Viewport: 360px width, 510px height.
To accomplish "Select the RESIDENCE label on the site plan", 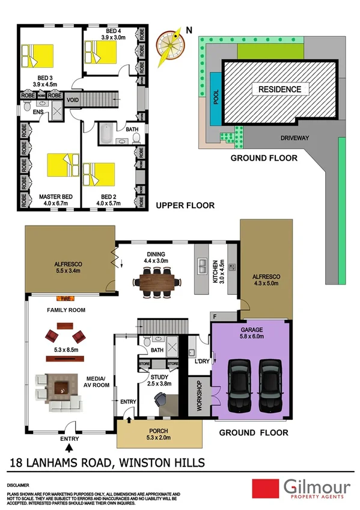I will tap(279, 90).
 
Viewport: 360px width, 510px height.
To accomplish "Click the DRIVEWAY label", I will tap(294, 138).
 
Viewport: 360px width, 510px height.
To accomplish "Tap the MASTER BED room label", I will tap(56, 196).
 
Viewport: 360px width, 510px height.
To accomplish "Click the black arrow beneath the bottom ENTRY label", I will tap(70, 447).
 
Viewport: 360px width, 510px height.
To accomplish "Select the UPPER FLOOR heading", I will tap(185, 205).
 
